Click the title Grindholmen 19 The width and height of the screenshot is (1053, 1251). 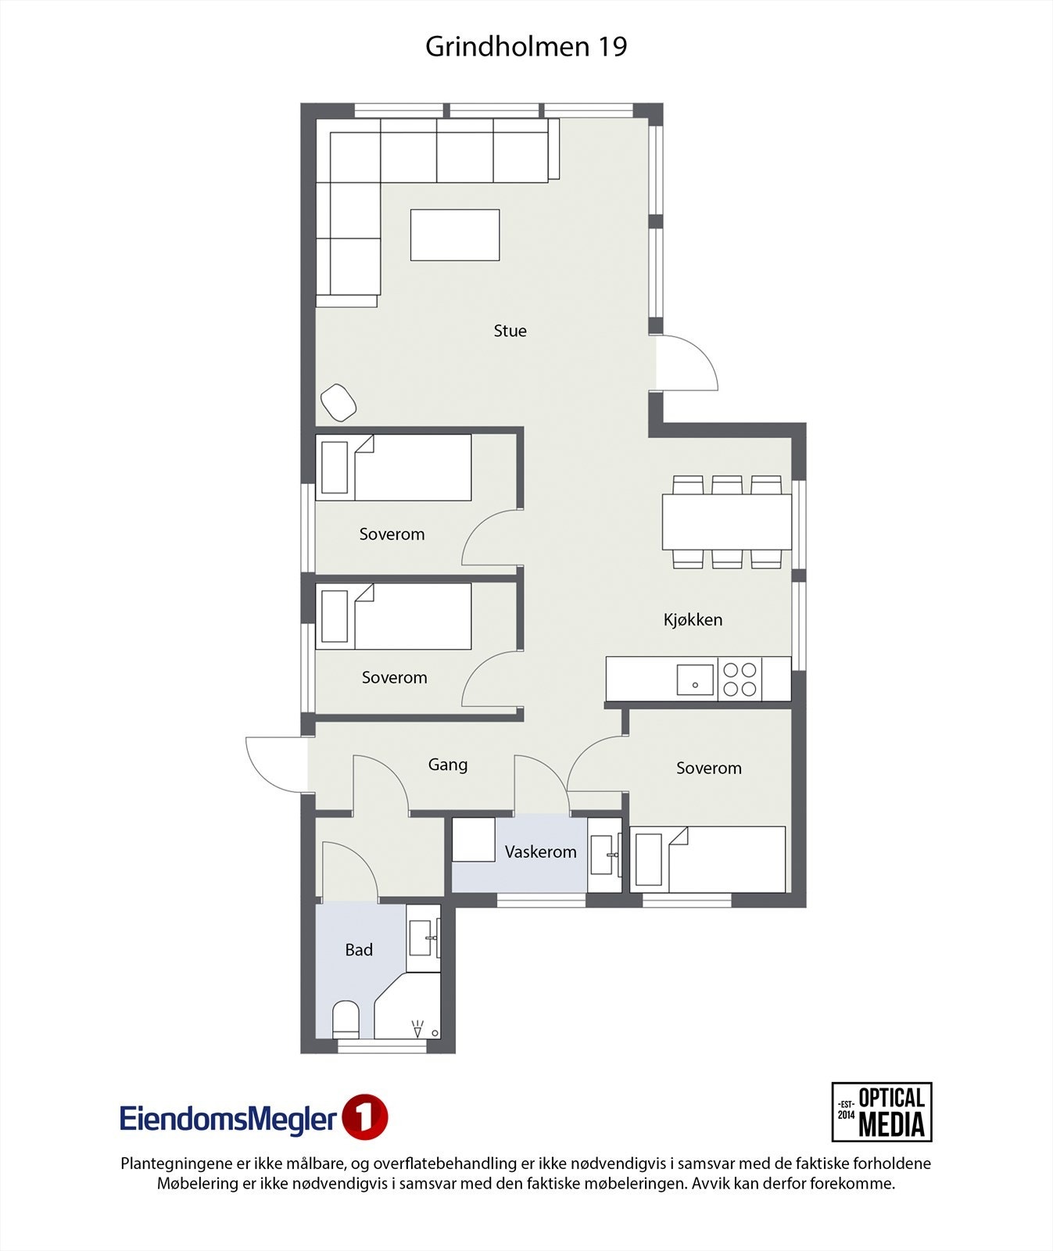[526, 47]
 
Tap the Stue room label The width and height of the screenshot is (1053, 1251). [510, 331]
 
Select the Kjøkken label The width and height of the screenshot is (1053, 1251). [693, 620]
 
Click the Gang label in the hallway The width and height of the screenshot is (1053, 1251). [447, 765]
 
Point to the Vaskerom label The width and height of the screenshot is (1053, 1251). [540, 852]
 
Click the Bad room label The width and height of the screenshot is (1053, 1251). [359, 950]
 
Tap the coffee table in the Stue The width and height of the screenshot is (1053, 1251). [455, 235]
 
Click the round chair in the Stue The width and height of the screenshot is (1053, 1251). [338, 402]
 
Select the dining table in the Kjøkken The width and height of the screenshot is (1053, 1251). [726, 522]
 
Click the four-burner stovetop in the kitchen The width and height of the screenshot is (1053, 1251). [739, 679]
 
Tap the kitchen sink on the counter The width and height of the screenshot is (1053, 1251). [695, 679]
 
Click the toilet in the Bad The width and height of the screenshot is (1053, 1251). [346, 1020]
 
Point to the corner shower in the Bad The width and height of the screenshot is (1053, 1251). [410, 1009]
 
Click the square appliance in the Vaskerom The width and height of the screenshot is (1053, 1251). [474, 840]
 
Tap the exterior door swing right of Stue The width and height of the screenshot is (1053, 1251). [686, 364]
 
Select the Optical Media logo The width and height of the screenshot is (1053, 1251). [881, 1112]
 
